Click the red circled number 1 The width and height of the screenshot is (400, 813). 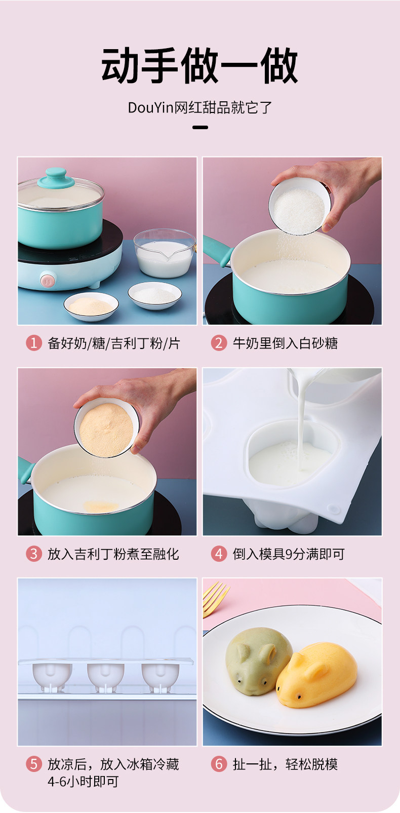pos(34,343)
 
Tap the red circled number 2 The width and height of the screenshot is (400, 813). pos(219,343)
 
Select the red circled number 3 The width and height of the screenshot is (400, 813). pos(34,554)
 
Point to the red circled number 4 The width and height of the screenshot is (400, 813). pos(219,554)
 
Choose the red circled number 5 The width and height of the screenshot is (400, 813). pos(34,764)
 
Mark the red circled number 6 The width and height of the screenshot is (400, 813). pos(219,764)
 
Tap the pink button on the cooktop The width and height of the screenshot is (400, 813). pos(48,280)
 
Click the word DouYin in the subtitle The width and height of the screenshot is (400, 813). pos(150,108)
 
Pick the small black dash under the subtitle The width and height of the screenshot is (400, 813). pos(200,127)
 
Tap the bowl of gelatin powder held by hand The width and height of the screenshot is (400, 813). pos(106,428)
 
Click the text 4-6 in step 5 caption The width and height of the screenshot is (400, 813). pos(57,782)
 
